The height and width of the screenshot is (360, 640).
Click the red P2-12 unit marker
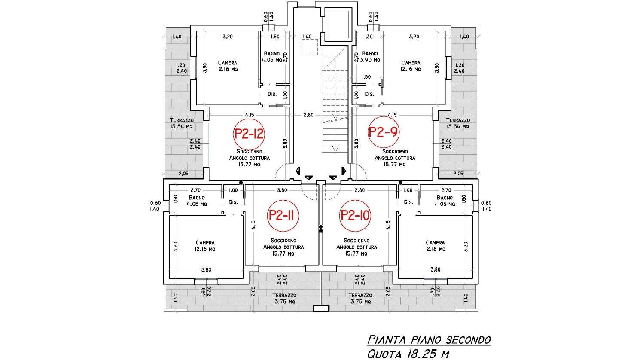click(249, 134)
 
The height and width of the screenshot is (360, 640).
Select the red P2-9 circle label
click(383, 132)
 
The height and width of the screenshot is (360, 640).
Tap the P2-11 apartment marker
click(283, 216)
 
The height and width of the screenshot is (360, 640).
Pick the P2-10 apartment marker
click(355, 215)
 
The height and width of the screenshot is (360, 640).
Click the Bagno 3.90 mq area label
click(369, 57)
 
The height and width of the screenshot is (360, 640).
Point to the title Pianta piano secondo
click(429, 340)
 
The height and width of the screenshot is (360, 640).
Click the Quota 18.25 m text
click(408, 354)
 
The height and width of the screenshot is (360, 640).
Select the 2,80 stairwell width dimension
click(308, 115)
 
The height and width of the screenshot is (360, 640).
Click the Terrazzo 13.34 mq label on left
click(182, 123)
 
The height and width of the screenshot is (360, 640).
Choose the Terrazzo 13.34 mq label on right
click(458, 123)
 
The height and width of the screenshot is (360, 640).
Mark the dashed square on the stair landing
click(310, 47)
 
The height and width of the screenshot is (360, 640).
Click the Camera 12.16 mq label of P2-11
click(205, 246)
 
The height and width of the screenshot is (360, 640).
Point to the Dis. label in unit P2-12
click(272, 94)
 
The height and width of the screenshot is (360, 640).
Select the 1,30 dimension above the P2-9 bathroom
click(368, 37)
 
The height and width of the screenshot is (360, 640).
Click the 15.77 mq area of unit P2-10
click(356, 254)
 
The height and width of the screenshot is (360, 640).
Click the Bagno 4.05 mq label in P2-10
click(445, 201)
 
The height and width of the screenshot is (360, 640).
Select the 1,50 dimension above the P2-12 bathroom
click(274, 37)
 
